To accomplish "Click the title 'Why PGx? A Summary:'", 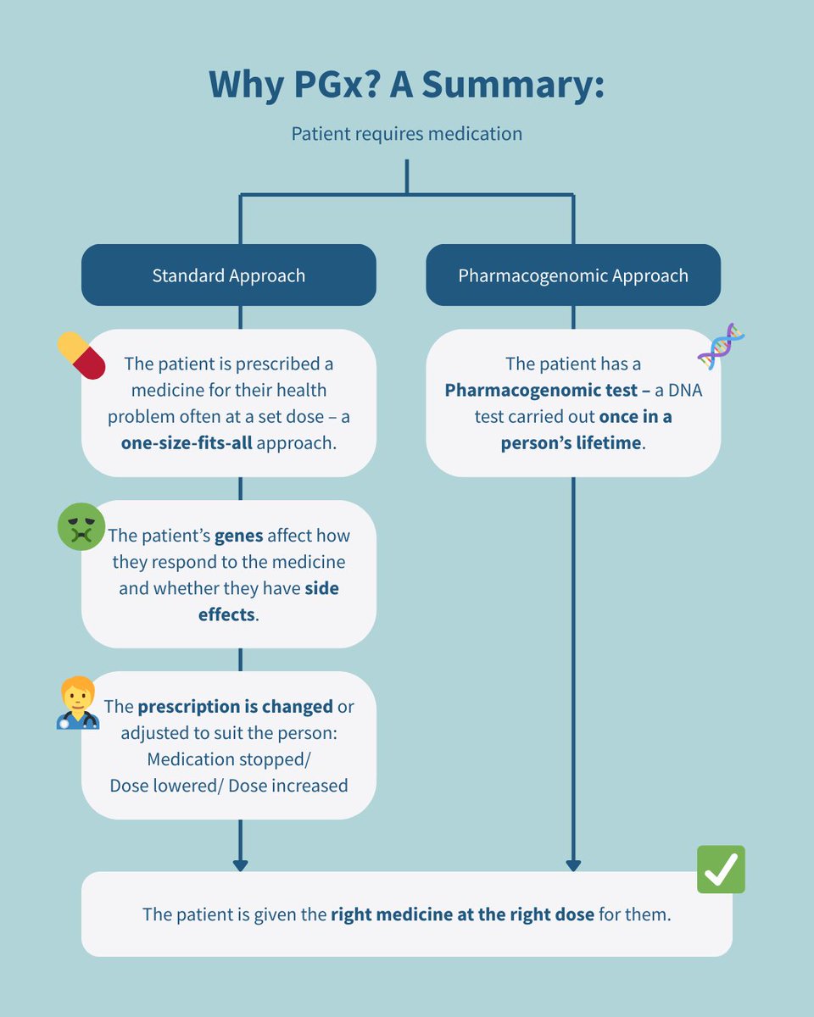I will coord(407,85).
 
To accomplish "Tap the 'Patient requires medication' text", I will coord(407,134).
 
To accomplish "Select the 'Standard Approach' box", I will coord(228,275).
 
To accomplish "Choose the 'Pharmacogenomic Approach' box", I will coord(573,275).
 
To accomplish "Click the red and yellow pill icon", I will coord(81,355).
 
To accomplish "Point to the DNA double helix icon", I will coord(721,347).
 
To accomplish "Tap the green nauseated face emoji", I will coord(81,527).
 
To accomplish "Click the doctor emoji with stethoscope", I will coord(78,703).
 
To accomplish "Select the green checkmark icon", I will coord(721,869).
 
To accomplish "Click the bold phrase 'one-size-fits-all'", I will coord(187,442).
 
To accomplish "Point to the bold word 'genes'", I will coord(238,536).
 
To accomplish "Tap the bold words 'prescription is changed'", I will coord(235,706).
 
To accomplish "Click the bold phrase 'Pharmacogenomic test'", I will coord(538,390).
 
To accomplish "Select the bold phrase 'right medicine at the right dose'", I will coord(464,914).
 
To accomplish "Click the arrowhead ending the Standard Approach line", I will coord(240,865).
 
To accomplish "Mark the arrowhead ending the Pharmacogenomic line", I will coord(573,865).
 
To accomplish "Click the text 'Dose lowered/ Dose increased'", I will coord(229,785).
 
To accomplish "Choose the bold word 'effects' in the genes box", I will coord(226,614).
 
